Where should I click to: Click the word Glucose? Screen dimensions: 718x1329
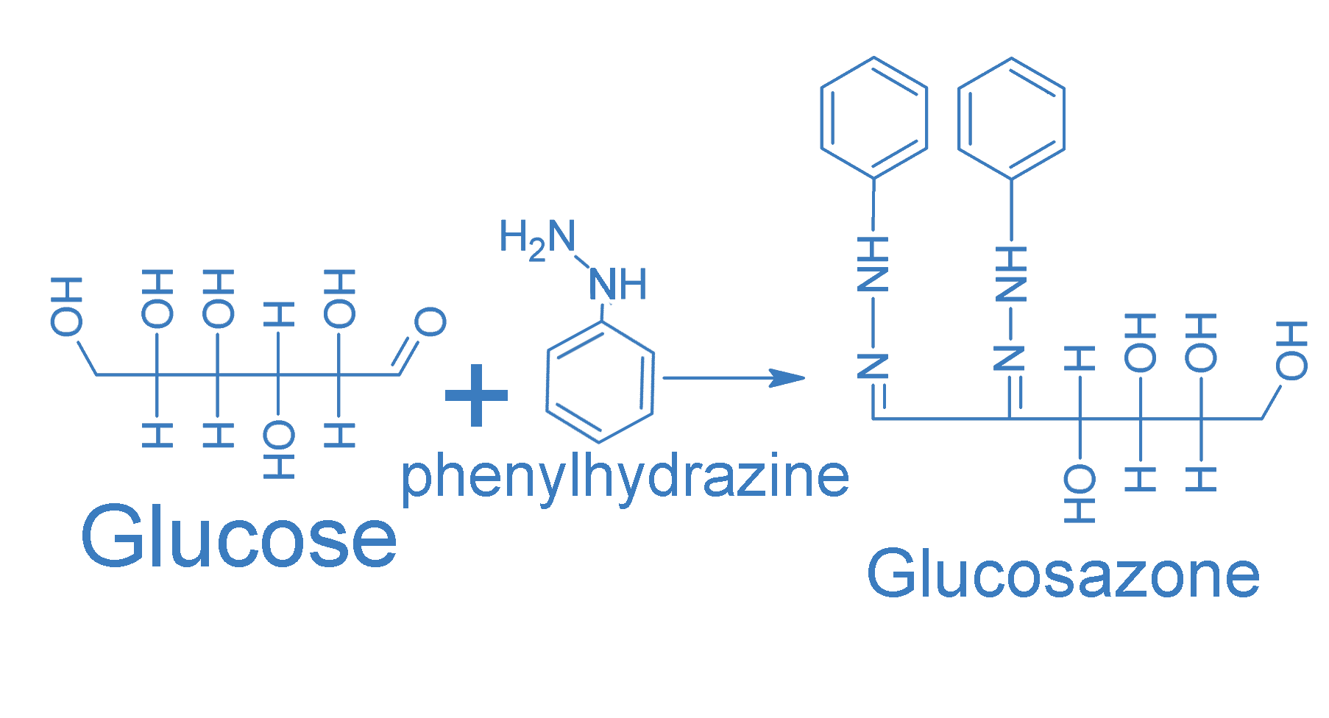[239, 537]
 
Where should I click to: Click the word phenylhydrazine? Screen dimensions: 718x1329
[624, 477]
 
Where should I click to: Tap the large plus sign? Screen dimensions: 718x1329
[476, 395]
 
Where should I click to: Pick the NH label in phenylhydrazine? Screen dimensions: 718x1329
[618, 285]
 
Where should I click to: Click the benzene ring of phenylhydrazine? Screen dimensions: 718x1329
[600, 383]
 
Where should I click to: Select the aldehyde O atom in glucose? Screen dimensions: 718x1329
[430, 322]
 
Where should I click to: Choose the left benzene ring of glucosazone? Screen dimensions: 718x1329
[873, 118]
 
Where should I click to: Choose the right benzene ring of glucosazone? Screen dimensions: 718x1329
[1011, 118]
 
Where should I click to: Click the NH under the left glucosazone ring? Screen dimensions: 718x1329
[873, 265]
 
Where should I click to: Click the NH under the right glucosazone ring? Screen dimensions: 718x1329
[1011, 274]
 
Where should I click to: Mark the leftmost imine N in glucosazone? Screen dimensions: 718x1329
[873, 366]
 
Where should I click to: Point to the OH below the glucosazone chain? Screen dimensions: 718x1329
[1080, 493]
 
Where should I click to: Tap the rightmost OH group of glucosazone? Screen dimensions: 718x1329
[1291, 350]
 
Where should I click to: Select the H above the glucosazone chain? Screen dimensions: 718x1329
[1080, 359]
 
